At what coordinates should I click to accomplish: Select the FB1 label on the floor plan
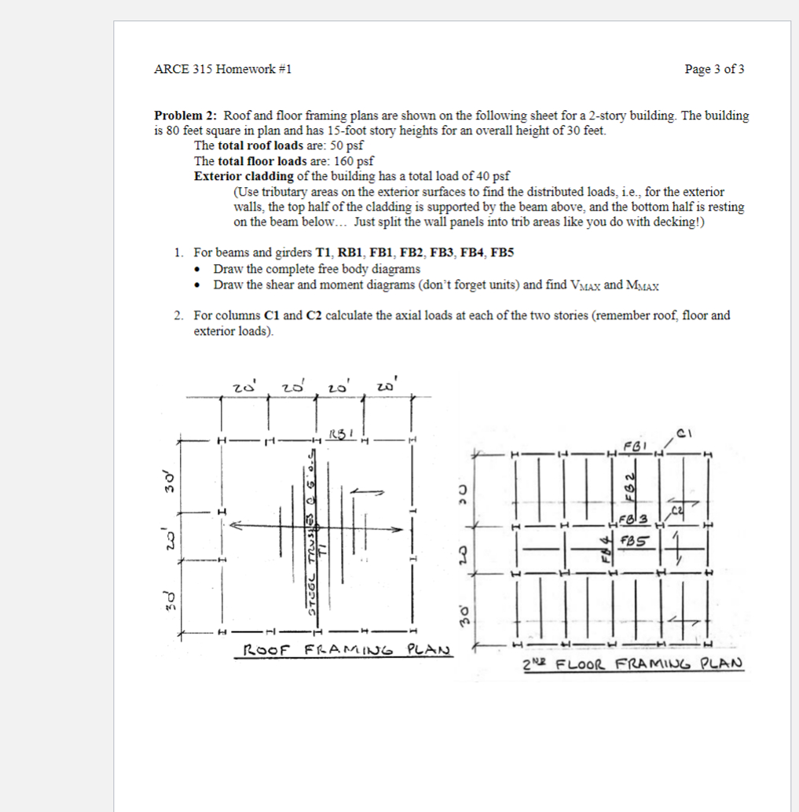(632, 445)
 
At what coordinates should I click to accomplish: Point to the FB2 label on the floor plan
(629, 489)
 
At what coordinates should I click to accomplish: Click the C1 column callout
(684, 431)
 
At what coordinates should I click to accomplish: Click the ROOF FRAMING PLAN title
(344, 651)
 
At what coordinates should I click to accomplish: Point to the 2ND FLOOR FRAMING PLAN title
(632, 663)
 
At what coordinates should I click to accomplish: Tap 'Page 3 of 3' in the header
(714, 69)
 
